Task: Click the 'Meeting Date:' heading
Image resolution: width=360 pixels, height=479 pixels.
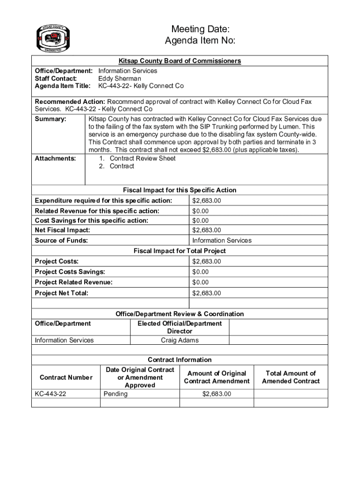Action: (200, 30)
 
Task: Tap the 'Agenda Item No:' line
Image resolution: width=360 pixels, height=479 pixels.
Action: (200, 42)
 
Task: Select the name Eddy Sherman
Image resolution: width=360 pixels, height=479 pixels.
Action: (119, 79)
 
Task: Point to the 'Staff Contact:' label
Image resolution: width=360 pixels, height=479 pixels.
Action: (56, 79)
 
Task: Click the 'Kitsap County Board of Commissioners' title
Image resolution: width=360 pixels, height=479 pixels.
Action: (180, 61)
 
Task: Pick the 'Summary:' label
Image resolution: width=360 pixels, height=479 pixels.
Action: (50, 119)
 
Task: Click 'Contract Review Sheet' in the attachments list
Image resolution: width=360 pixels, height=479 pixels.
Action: (143, 159)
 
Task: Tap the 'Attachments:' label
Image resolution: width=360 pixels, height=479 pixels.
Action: (55, 159)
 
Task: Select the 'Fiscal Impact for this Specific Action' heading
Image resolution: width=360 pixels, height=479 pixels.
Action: (180, 190)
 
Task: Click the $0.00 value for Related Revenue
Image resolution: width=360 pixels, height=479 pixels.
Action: (201, 211)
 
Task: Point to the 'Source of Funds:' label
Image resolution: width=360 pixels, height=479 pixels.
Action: (61, 240)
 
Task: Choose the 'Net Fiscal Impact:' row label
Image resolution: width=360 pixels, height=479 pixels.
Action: (63, 230)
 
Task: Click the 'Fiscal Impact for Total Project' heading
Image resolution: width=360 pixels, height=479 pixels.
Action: (180, 251)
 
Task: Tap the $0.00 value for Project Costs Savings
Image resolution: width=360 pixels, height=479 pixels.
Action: (201, 272)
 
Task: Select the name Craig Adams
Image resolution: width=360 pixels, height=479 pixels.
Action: (180, 340)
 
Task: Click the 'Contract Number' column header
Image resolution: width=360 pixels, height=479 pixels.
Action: (66, 377)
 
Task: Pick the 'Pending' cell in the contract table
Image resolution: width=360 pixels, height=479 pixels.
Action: (115, 394)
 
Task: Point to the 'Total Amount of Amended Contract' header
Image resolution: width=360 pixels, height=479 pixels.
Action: (290, 377)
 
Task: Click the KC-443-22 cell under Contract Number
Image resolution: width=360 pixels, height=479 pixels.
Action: (50, 394)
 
